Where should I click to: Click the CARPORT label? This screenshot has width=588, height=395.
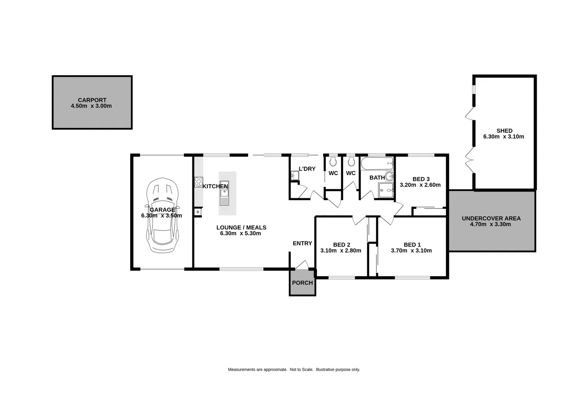pos(92,100)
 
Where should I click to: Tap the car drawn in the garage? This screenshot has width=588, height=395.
pos(162,216)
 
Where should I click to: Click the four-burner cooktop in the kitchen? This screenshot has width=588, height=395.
pos(199,181)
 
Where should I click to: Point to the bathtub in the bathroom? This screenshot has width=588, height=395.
pos(377,163)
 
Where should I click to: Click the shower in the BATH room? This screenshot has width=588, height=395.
pos(386,190)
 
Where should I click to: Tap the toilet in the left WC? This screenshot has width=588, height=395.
pos(333,161)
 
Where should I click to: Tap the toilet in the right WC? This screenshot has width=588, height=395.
pos(351,161)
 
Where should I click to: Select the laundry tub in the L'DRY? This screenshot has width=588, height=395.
pos(295,176)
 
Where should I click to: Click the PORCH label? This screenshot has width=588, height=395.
pos(302,283)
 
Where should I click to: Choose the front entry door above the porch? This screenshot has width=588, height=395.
pos(302,265)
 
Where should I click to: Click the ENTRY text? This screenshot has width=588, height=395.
pos(302,243)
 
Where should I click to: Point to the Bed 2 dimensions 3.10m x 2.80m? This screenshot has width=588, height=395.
pos(341,251)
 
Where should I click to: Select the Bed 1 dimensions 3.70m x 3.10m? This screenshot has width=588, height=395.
pos(411,251)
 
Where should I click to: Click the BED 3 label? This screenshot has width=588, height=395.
pos(421,179)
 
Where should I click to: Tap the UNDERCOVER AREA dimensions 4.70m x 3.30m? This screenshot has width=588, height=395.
pos(490,224)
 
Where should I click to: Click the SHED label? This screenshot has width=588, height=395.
pos(504,131)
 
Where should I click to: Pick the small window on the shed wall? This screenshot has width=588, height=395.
pos(474,90)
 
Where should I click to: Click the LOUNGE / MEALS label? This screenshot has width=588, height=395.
pos(241,227)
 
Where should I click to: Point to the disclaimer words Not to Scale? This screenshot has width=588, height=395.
pos(302,369)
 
